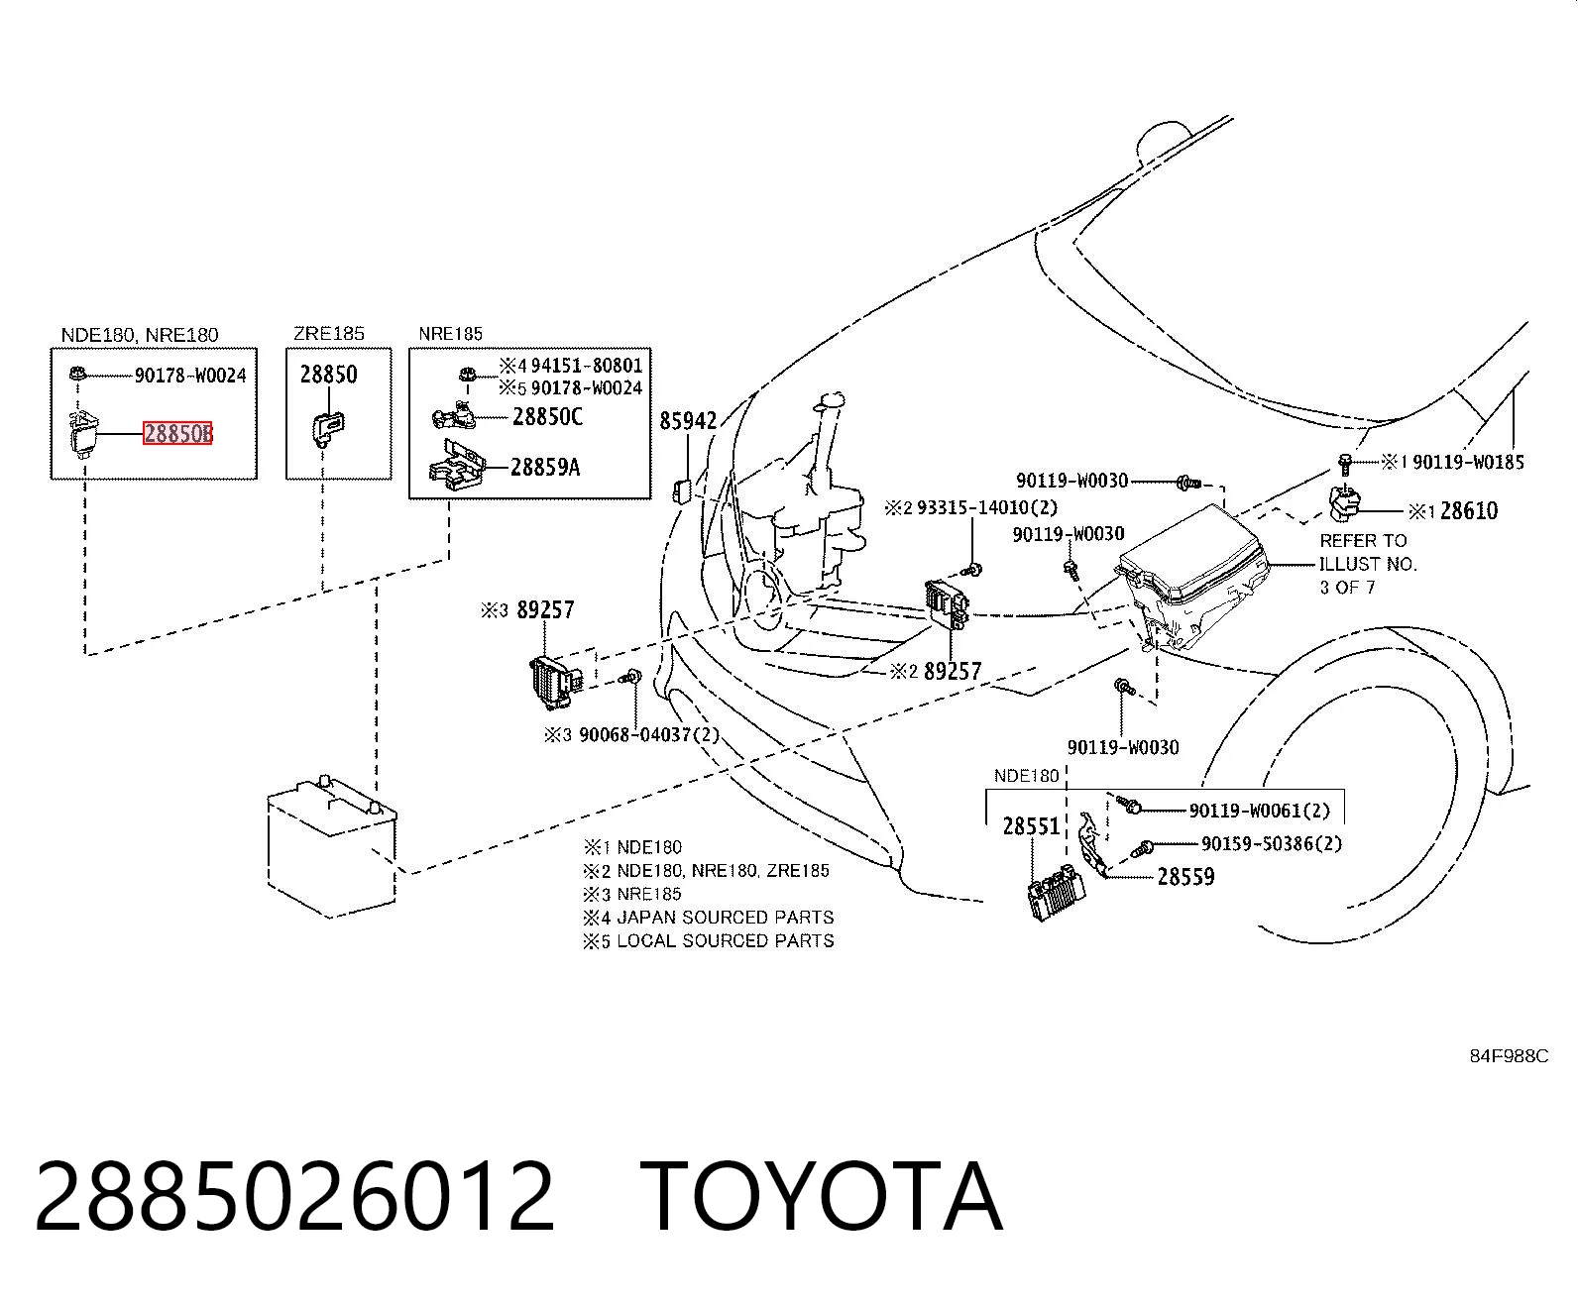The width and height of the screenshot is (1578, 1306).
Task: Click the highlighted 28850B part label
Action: pos(177,433)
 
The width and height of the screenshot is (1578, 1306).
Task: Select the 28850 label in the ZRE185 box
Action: pos(329,375)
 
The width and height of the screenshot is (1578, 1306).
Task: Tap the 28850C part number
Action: pos(548,416)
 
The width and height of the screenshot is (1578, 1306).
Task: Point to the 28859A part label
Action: pos(545,467)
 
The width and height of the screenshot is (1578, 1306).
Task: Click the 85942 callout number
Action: pos(688,421)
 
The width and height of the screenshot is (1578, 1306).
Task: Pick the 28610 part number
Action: pos(1468,511)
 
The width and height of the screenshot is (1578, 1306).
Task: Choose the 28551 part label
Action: pos(1032,826)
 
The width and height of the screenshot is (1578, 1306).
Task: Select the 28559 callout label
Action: pos(1185,877)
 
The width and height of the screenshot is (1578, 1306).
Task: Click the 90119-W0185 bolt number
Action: pos(1468,462)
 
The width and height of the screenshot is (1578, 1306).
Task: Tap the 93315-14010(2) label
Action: pos(987,507)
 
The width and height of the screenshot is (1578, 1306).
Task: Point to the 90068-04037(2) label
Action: pos(649,734)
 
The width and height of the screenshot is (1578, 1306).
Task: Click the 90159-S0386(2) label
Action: pos(1272,843)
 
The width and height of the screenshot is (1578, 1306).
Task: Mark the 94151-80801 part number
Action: pos(587,366)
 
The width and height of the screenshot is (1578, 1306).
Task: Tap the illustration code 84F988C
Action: pos(1509,1056)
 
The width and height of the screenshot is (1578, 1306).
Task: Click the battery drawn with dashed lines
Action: pos(332,846)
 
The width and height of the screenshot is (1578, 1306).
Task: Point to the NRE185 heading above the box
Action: pos(450,334)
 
